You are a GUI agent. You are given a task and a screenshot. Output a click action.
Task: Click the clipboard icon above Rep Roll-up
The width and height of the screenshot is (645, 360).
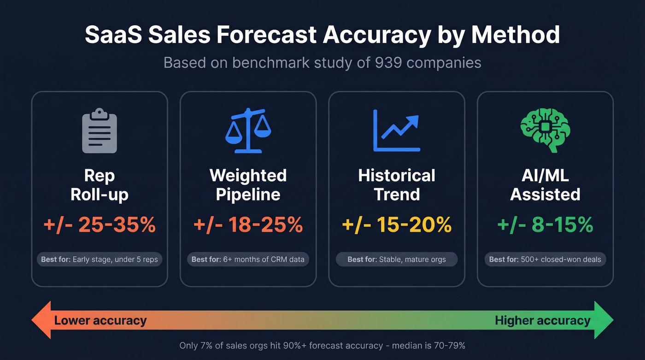(99, 130)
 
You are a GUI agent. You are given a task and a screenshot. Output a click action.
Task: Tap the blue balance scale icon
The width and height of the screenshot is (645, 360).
(248, 130)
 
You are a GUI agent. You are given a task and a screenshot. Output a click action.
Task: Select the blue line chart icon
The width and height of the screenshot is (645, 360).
(397, 130)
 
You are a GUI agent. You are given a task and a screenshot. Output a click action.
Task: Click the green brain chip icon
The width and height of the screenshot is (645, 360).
(545, 130)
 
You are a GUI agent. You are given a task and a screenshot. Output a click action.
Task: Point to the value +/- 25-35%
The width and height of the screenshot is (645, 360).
(100, 225)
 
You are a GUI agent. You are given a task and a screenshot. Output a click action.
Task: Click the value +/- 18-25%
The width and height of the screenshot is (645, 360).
(248, 225)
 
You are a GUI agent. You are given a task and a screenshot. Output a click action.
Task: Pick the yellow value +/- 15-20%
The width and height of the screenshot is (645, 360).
(397, 225)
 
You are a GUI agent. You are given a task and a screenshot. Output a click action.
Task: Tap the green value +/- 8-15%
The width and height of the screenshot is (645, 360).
(545, 225)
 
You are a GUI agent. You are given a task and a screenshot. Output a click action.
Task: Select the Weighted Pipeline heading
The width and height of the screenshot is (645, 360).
(248, 185)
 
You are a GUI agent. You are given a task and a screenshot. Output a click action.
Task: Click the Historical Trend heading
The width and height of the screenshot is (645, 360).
(397, 185)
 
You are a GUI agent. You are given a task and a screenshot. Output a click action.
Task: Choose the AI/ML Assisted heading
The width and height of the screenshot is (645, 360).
(545, 185)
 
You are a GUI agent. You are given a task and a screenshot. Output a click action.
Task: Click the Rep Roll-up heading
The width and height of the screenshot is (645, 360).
(100, 185)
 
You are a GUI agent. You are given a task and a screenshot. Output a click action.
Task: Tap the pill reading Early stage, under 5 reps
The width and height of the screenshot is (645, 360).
(100, 260)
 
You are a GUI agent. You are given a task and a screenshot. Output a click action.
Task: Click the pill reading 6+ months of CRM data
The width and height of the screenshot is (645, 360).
(248, 260)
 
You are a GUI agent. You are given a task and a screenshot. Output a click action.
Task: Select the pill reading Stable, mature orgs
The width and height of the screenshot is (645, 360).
(397, 260)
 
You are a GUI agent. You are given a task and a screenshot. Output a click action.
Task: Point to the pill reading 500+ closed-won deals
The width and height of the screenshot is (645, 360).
(545, 260)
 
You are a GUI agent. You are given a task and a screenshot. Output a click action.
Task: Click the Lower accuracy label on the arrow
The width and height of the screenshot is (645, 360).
(100, 320)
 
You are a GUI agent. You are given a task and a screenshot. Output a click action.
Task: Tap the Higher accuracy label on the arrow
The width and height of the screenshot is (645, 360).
(542, 320)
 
